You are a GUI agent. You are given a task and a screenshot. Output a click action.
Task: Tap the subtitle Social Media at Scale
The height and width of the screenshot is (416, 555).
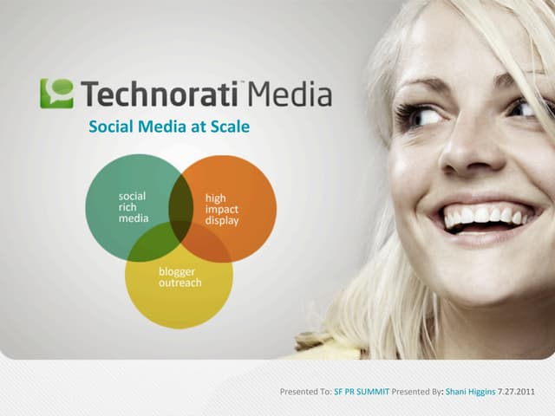pos(169,127)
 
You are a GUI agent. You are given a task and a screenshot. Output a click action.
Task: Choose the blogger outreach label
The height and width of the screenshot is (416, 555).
pos(177,277)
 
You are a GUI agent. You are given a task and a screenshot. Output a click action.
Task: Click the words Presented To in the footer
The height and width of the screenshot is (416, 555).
pos(304,392)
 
